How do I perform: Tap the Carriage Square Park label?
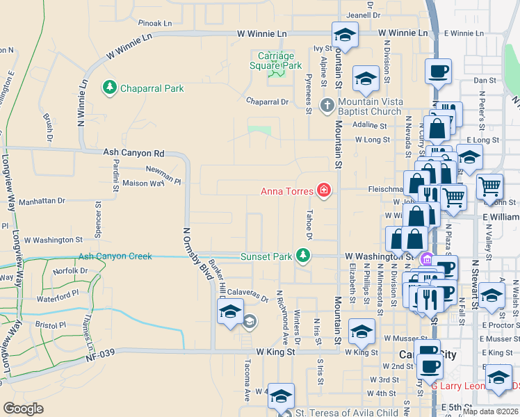[x=276, y=60]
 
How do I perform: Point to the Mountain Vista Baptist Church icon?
[x=327, y=106]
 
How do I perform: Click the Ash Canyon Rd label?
[x=133, y=153]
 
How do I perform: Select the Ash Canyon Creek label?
[x=115, y=256]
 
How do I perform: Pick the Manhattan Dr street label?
[x=42, y=201]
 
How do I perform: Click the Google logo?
[x=23, y=409]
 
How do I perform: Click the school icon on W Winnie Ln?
[x=344, y=34]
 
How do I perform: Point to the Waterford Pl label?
[x=58, y=297]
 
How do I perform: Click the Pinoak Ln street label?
[x=154, y=23]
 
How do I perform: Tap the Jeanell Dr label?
[x=364, y=15]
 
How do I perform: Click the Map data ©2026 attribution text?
[x=489, y=411]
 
